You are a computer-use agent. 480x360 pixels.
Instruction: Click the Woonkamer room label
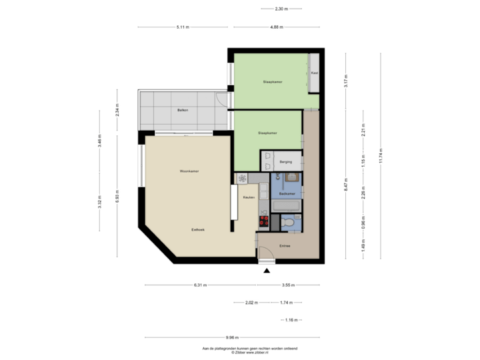point(191,171)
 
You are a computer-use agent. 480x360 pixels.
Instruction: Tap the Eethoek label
point(198,229)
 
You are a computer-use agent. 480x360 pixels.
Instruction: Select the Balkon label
point(182,110)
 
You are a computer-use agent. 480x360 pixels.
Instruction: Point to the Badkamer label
point(287,193)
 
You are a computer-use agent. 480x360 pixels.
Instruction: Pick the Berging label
point(287,161)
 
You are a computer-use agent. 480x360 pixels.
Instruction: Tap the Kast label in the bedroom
point(314,73)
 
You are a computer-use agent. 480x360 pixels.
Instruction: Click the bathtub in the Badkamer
point(287,205)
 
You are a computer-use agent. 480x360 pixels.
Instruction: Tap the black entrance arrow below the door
point(267,270)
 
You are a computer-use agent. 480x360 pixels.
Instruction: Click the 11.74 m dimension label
point(380,156)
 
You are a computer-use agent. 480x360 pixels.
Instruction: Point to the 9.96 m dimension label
point(232,337)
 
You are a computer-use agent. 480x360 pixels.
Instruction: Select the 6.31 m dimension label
point(200,285)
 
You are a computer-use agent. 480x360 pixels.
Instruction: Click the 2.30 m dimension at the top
point(281,9)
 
